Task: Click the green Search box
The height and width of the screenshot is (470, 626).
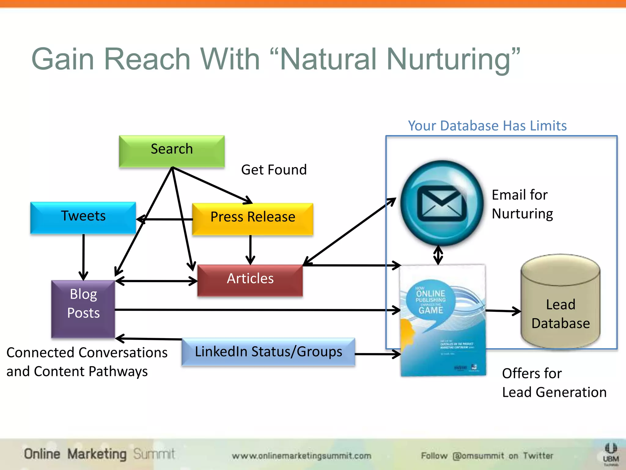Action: point(172,151)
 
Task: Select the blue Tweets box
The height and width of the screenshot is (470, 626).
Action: point(83,218)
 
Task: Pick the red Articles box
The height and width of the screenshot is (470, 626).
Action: point(250,280)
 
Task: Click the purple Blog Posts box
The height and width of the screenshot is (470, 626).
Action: point(83,308)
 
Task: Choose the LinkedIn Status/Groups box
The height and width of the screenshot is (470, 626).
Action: point(268,352)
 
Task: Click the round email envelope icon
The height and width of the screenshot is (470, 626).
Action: point(442,203)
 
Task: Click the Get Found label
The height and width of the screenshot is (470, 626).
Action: point(274,170)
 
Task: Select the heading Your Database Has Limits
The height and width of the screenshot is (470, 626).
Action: point(487,126)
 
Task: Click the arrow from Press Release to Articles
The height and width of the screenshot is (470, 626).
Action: point(250,249)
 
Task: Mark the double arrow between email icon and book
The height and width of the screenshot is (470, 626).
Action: point(438,255)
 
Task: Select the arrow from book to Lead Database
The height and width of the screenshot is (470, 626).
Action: point(503,311)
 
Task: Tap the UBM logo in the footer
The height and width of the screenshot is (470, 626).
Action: point(611,454)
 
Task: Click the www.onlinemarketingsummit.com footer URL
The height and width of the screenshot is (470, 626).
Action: point(301,456)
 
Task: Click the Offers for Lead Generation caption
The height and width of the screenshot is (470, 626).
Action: point(554,383)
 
